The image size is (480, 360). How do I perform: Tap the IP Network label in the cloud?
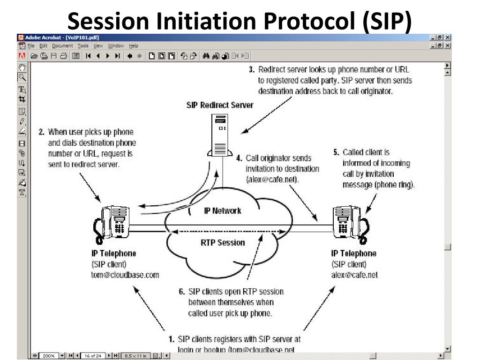222,210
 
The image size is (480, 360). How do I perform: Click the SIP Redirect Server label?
220,105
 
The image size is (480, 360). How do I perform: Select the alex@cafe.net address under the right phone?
354,275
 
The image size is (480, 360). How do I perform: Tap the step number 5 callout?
336,152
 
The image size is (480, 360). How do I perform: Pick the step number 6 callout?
181,292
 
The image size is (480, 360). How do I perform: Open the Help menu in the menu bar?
134,45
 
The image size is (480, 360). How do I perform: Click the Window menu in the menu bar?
116,45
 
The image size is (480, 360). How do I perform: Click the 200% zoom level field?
49,356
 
